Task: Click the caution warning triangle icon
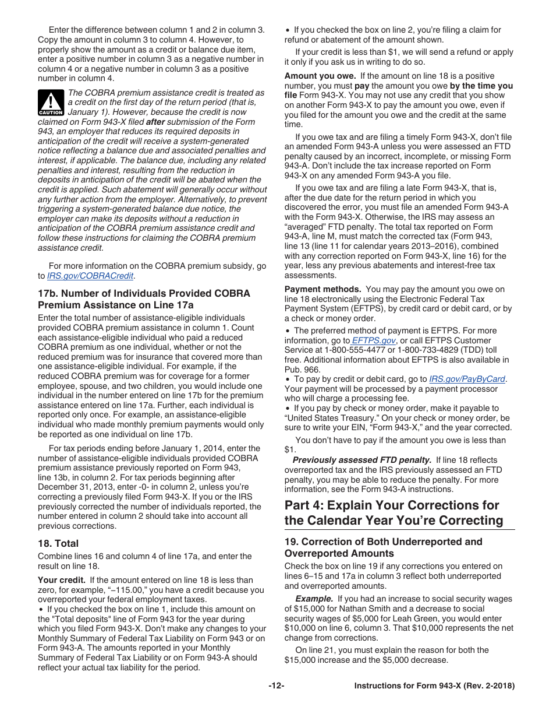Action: click(51, 102)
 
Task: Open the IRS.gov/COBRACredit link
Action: click(90, 276)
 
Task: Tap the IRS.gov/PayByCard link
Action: click(467, 379)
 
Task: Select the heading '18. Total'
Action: click(58, 543)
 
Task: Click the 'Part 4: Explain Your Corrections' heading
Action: click(394, 512)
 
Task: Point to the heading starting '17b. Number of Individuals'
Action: click(144, 299)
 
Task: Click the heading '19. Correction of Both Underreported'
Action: click(383, 547)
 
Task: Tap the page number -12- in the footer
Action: click(276, 686)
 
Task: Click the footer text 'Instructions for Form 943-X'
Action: click(434, 686)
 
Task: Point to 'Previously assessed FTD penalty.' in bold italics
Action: click(361, 461)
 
